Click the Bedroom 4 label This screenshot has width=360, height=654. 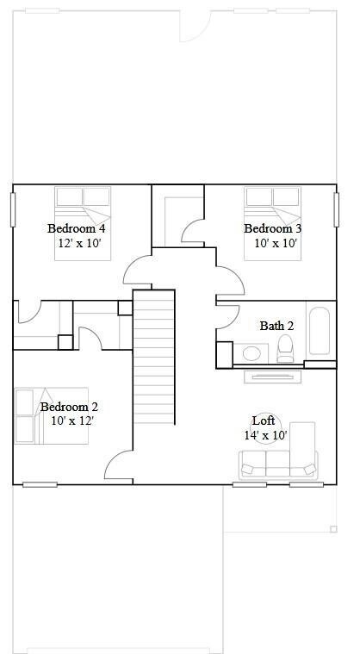click(x=76, y=228)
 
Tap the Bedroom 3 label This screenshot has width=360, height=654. click(x=272, y=228)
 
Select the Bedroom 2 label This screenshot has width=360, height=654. click(x=69, y=407)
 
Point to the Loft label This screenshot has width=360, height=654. click(x=264, y=420)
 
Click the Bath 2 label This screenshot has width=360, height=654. click(x=276, y=326)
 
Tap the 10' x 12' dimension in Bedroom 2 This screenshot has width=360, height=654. click(x=71, y=420)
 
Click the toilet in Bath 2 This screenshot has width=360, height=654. click(x=286, y=349)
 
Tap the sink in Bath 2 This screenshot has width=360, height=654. click(x=251, y=352)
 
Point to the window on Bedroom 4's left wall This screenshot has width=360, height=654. click(x=13, y=209)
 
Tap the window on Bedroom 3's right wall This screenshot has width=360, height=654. click(x=336, y=209)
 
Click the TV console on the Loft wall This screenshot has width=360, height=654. click(x=273, y=375)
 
